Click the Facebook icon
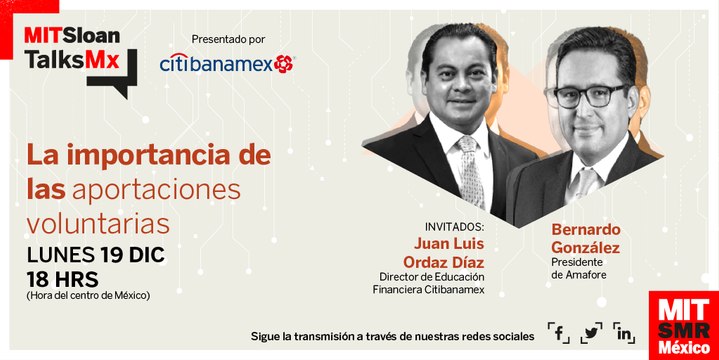[x=559, y=334]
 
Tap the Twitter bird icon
[x=592, y=334]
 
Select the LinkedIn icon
[x=626, y=334]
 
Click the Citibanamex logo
[x=226, y=63]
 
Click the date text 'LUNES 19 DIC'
[x=95, y=254]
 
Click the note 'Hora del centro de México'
[x=88, y=295]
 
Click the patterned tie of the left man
[x=468, y=170]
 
